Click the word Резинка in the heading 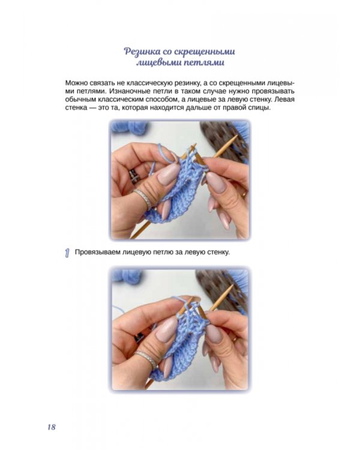(141, 52)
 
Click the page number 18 (52, 427)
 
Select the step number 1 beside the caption (67, 253)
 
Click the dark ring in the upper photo (134, 176)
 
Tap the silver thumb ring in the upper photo (143, 198)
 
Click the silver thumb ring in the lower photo (146, 359)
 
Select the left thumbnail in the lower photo (167, 331)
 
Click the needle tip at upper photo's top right (237, 136)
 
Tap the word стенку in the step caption (219, 253)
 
